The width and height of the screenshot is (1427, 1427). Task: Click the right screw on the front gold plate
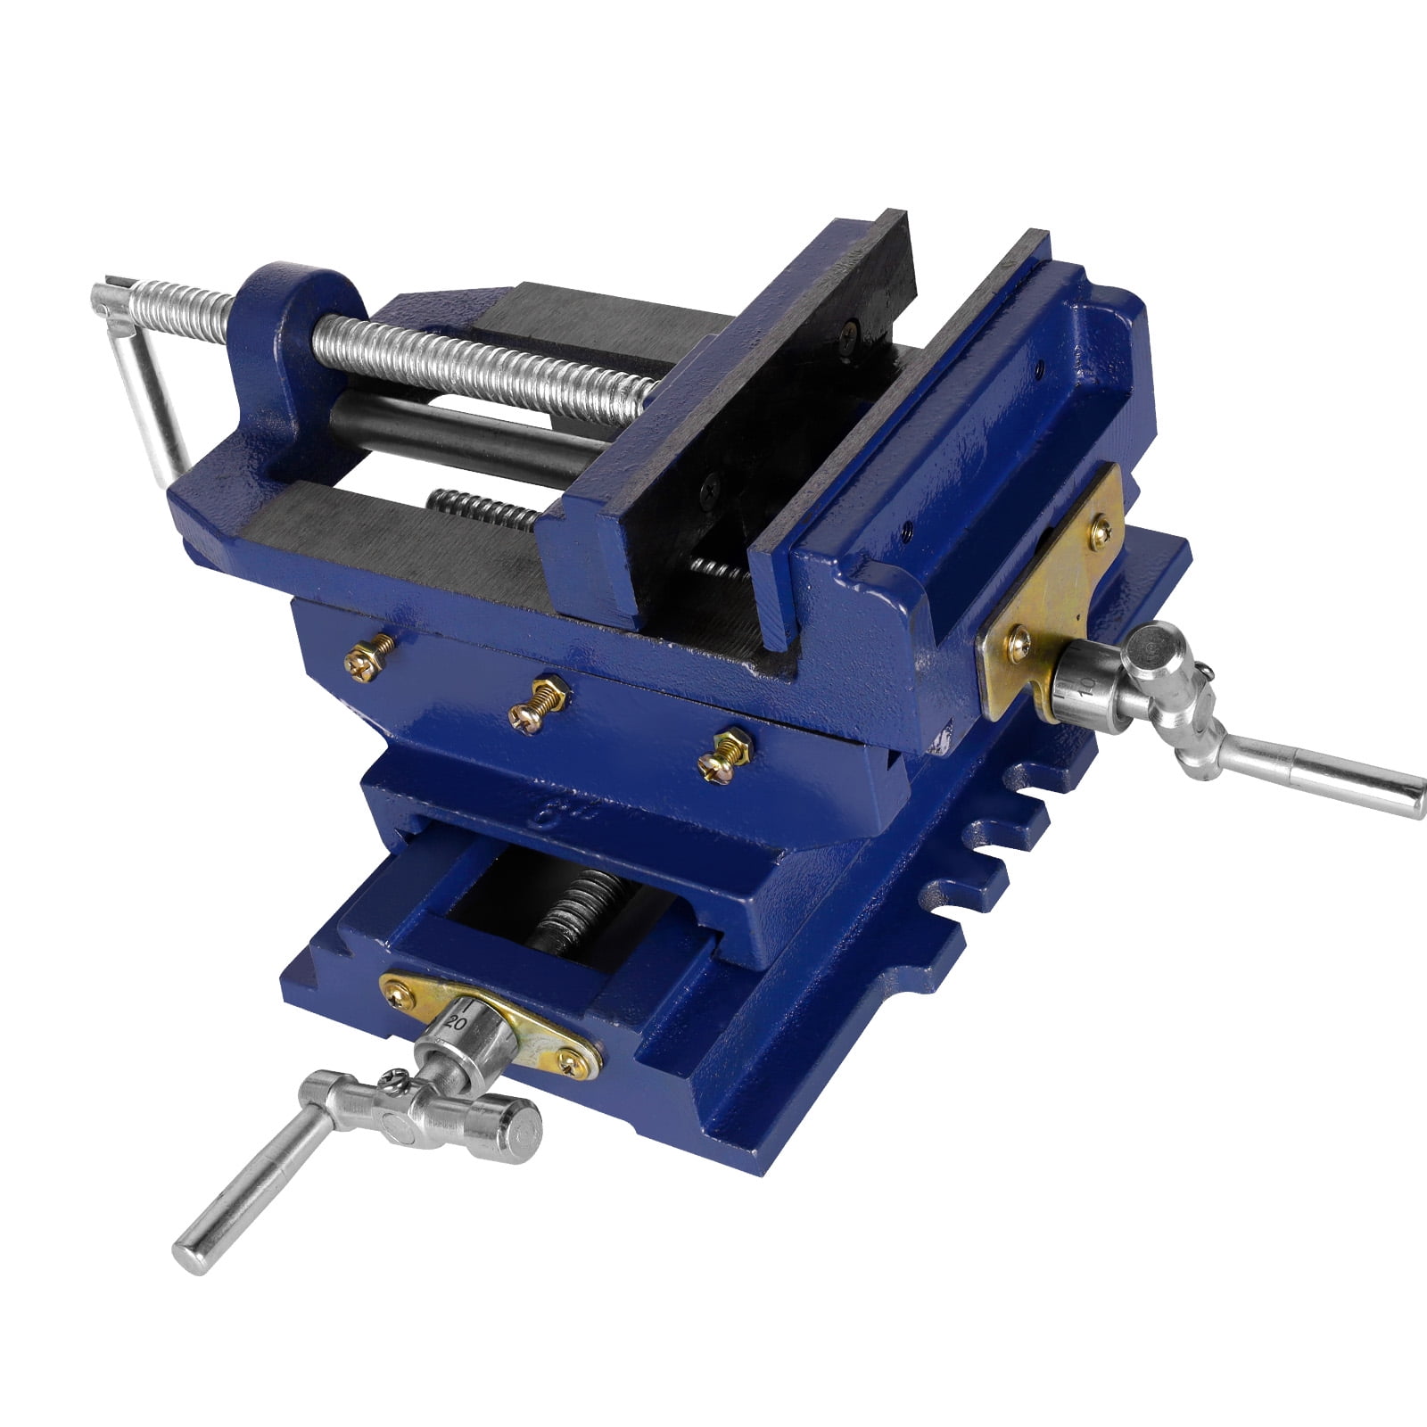tap(568, 1060)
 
